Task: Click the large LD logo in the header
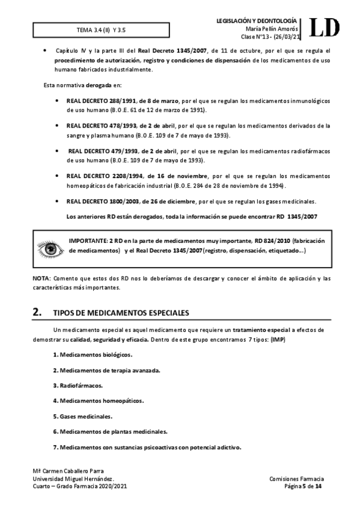[325, 28]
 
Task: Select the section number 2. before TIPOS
[37, 312]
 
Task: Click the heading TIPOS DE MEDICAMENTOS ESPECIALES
[121, 313]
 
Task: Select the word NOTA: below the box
[42, 278]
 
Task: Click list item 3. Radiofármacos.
[78, 385]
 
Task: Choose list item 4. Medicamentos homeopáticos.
[98, 401]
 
